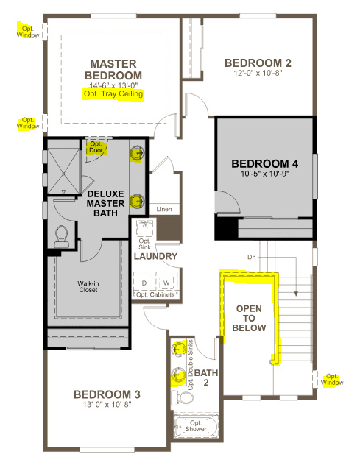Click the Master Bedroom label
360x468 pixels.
(113, 70)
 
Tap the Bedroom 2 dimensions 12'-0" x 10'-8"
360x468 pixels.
(258, 73)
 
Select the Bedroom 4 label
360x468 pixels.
(265, 163)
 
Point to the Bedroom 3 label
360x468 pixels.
(107, 394)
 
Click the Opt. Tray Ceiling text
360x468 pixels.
(113, 94)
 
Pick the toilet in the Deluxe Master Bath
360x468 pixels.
(62, 236)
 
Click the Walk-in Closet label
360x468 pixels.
(88, 286)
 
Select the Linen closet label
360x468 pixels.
(164, 209)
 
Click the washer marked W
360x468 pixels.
(166, 283)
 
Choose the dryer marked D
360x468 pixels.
(144, 283)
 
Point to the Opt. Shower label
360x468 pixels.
(196, 426)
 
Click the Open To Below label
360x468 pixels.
(249, 318)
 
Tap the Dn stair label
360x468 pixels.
(251, 257)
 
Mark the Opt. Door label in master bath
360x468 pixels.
(96, 147)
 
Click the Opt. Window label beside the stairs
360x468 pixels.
(332, 380)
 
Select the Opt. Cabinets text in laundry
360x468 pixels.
(155, 295)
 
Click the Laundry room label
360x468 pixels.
(155, 256)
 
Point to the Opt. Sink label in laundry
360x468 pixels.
(144, 244)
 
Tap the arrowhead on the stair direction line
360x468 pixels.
(296, 294)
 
